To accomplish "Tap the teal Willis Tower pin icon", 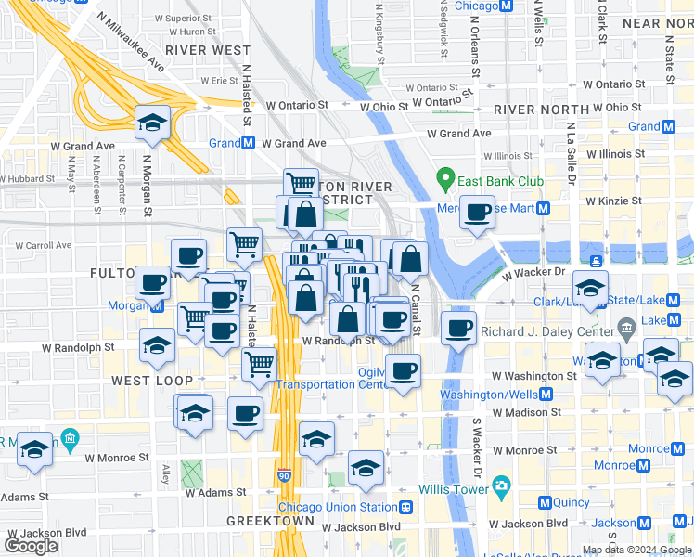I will pos(502,486).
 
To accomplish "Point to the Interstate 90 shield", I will pos(284,475).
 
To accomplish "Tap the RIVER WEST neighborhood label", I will pos(208,50).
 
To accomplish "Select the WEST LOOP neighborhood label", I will pos(152,381).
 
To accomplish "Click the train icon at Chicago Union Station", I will pos(406,508).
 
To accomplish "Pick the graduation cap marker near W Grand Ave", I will pos(152,123).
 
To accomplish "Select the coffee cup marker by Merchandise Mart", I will pos(478,213).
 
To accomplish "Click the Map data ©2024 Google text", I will pos(636,550).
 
